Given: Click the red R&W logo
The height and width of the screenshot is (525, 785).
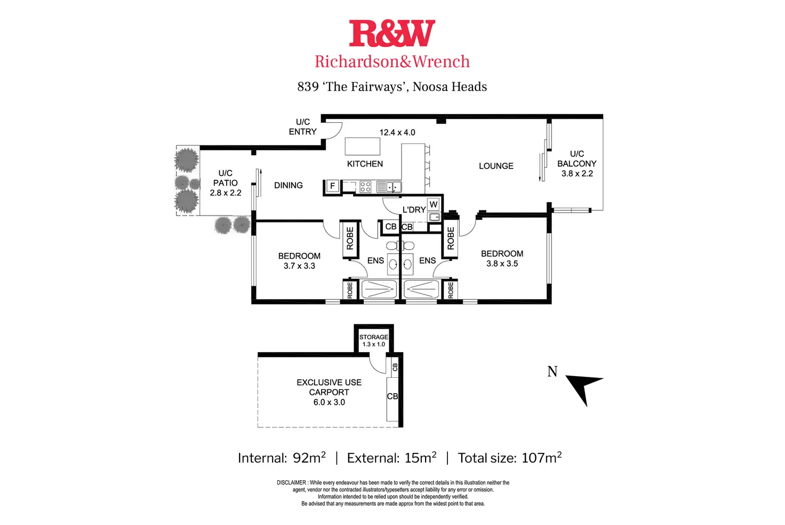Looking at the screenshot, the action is (392, 33).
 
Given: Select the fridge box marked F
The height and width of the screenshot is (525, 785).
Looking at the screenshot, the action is (333, 186).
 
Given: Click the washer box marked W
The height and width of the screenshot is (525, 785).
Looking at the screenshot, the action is (434, 204).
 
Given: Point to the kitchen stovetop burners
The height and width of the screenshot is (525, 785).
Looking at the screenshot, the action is (365, 187).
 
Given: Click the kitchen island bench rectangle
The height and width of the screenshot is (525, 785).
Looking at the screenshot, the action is (362, 146).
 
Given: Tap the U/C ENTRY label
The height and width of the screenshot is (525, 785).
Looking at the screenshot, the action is (303, 126).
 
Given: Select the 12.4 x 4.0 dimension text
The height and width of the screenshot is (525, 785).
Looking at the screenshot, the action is (397, 132).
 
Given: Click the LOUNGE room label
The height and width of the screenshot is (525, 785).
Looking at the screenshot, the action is (496, 166).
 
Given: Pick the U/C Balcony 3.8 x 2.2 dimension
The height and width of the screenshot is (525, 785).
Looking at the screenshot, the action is (577, 173).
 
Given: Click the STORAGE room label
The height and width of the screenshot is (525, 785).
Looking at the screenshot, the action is (374, 337).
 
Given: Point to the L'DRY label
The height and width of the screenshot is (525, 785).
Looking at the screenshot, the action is (414, 209).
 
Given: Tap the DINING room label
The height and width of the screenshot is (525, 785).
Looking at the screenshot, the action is (289, 185).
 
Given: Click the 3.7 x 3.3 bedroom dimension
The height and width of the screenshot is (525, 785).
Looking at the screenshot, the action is (299, 266).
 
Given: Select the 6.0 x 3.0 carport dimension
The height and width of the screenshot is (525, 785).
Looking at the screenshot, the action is (329, 402).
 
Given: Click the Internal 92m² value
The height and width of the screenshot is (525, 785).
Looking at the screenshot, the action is (309, 457).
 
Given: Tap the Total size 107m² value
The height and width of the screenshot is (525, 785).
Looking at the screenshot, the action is (541, 457).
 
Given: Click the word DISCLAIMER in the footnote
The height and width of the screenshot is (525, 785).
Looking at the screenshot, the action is (291, 482).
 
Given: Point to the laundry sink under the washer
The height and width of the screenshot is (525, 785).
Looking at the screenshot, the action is (434, 217).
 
